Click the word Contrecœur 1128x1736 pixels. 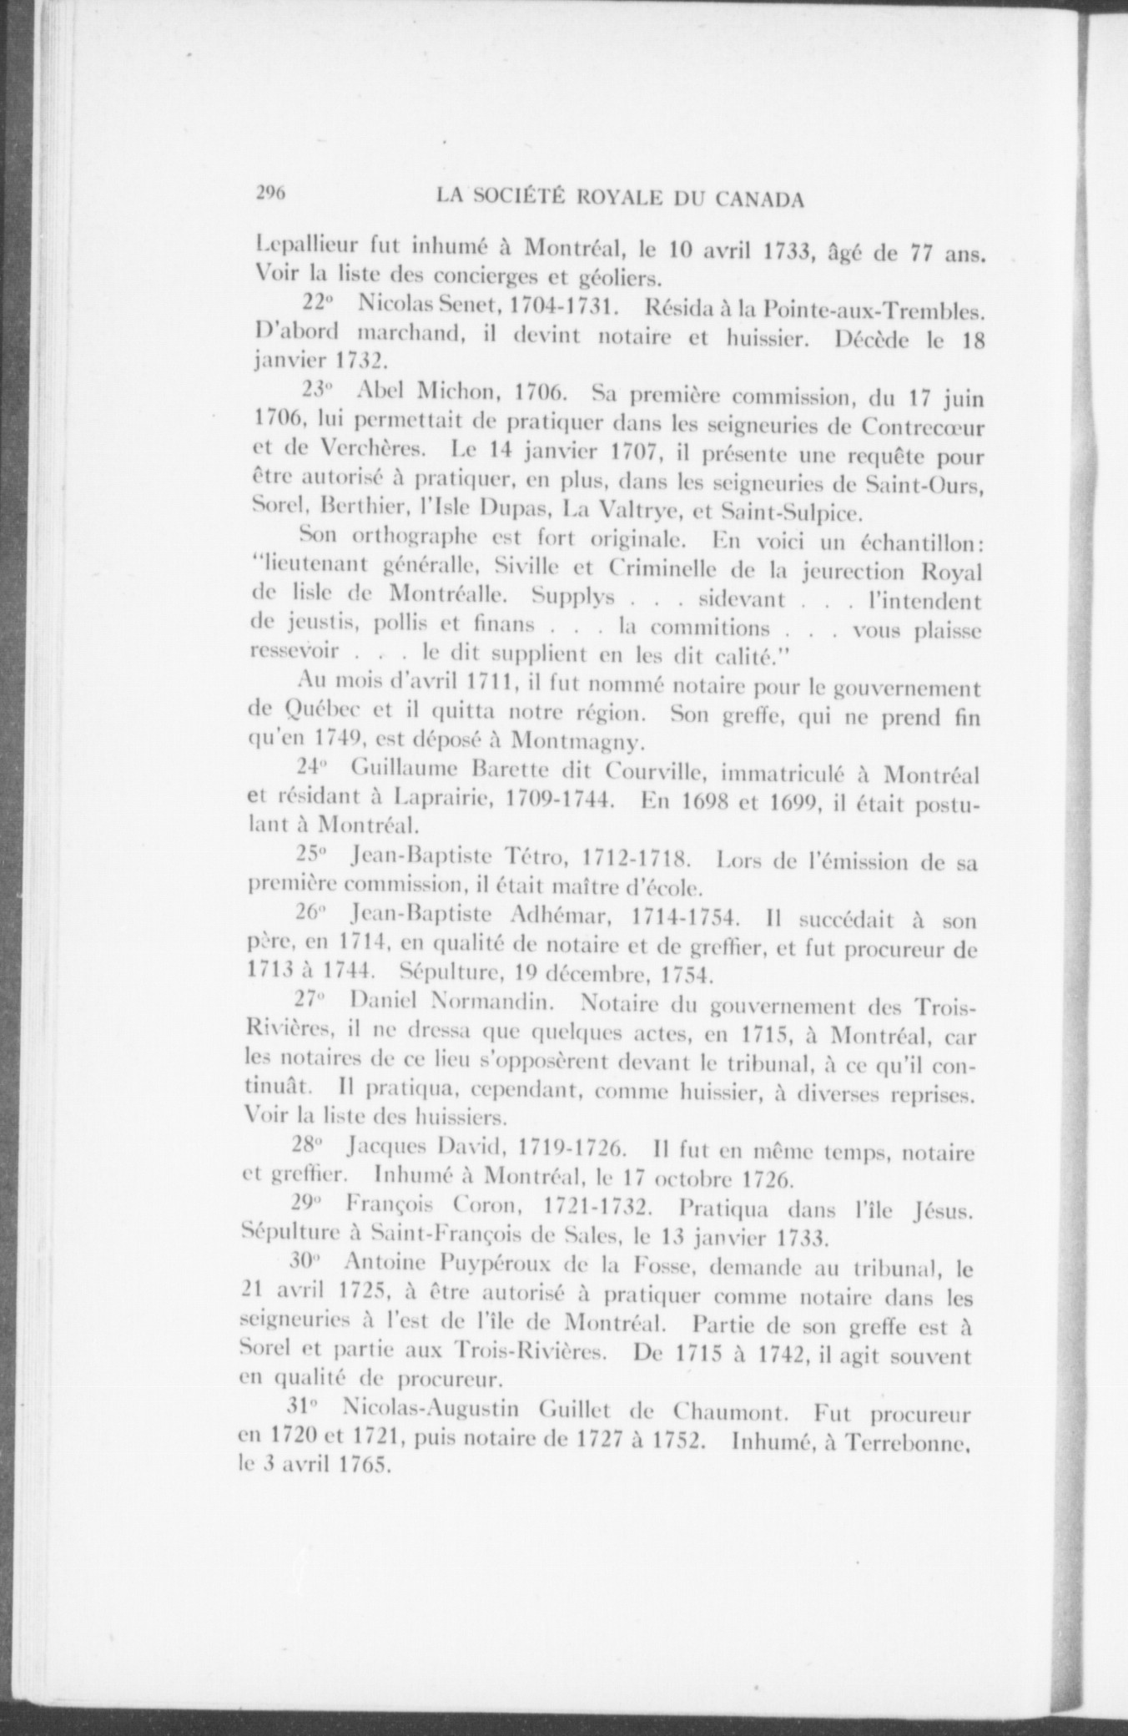pos(922,426)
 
